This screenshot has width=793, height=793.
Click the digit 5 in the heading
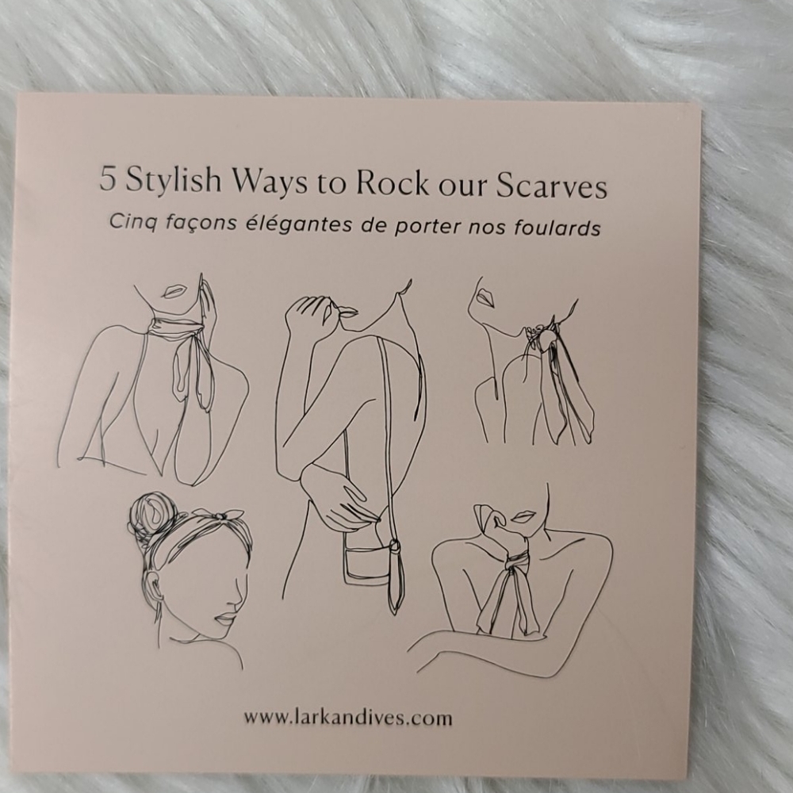tap(107, 178)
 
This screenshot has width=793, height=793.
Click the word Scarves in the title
tap(551, 185)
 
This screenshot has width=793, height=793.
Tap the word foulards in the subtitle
tap(557, 227)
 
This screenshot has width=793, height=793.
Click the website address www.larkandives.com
tap(348, 718)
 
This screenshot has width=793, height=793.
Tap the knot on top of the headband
tap(219, 516)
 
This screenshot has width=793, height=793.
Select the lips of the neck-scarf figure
tap(174, 292)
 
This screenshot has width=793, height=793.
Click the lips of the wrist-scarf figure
tap(523, 516)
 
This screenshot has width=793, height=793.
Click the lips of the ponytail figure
tap(485, 298)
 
